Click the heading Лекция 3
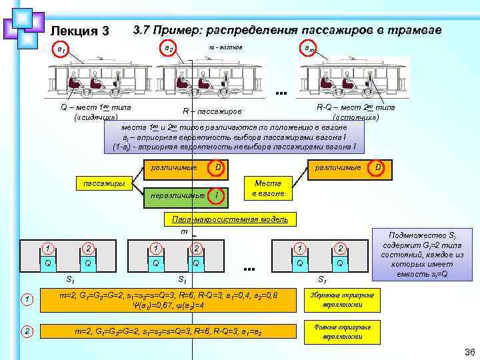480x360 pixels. tap(79, 31)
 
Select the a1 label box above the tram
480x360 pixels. tap(61, 49)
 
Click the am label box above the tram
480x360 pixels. tap(302, 49)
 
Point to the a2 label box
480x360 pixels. tap(169, 49)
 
